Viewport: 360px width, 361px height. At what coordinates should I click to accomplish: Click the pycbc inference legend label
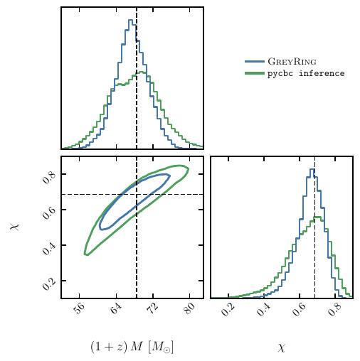coord(306,73)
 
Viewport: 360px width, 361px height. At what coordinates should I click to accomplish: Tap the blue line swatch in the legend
coord(255,63)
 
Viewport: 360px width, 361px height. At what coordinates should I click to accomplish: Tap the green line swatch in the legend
coord(255,73)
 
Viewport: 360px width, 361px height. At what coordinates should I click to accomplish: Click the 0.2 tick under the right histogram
coord(228,309)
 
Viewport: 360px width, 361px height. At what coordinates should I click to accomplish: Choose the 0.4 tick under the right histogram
coord(264,309)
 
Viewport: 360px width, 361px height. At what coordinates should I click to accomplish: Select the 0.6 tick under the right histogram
coord(300,309)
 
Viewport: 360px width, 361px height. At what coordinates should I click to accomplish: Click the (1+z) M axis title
coord(132,347)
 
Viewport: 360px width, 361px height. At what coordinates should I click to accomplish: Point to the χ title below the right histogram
coord(281,347)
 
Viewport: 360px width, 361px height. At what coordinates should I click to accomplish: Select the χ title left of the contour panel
coord(14,227)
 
